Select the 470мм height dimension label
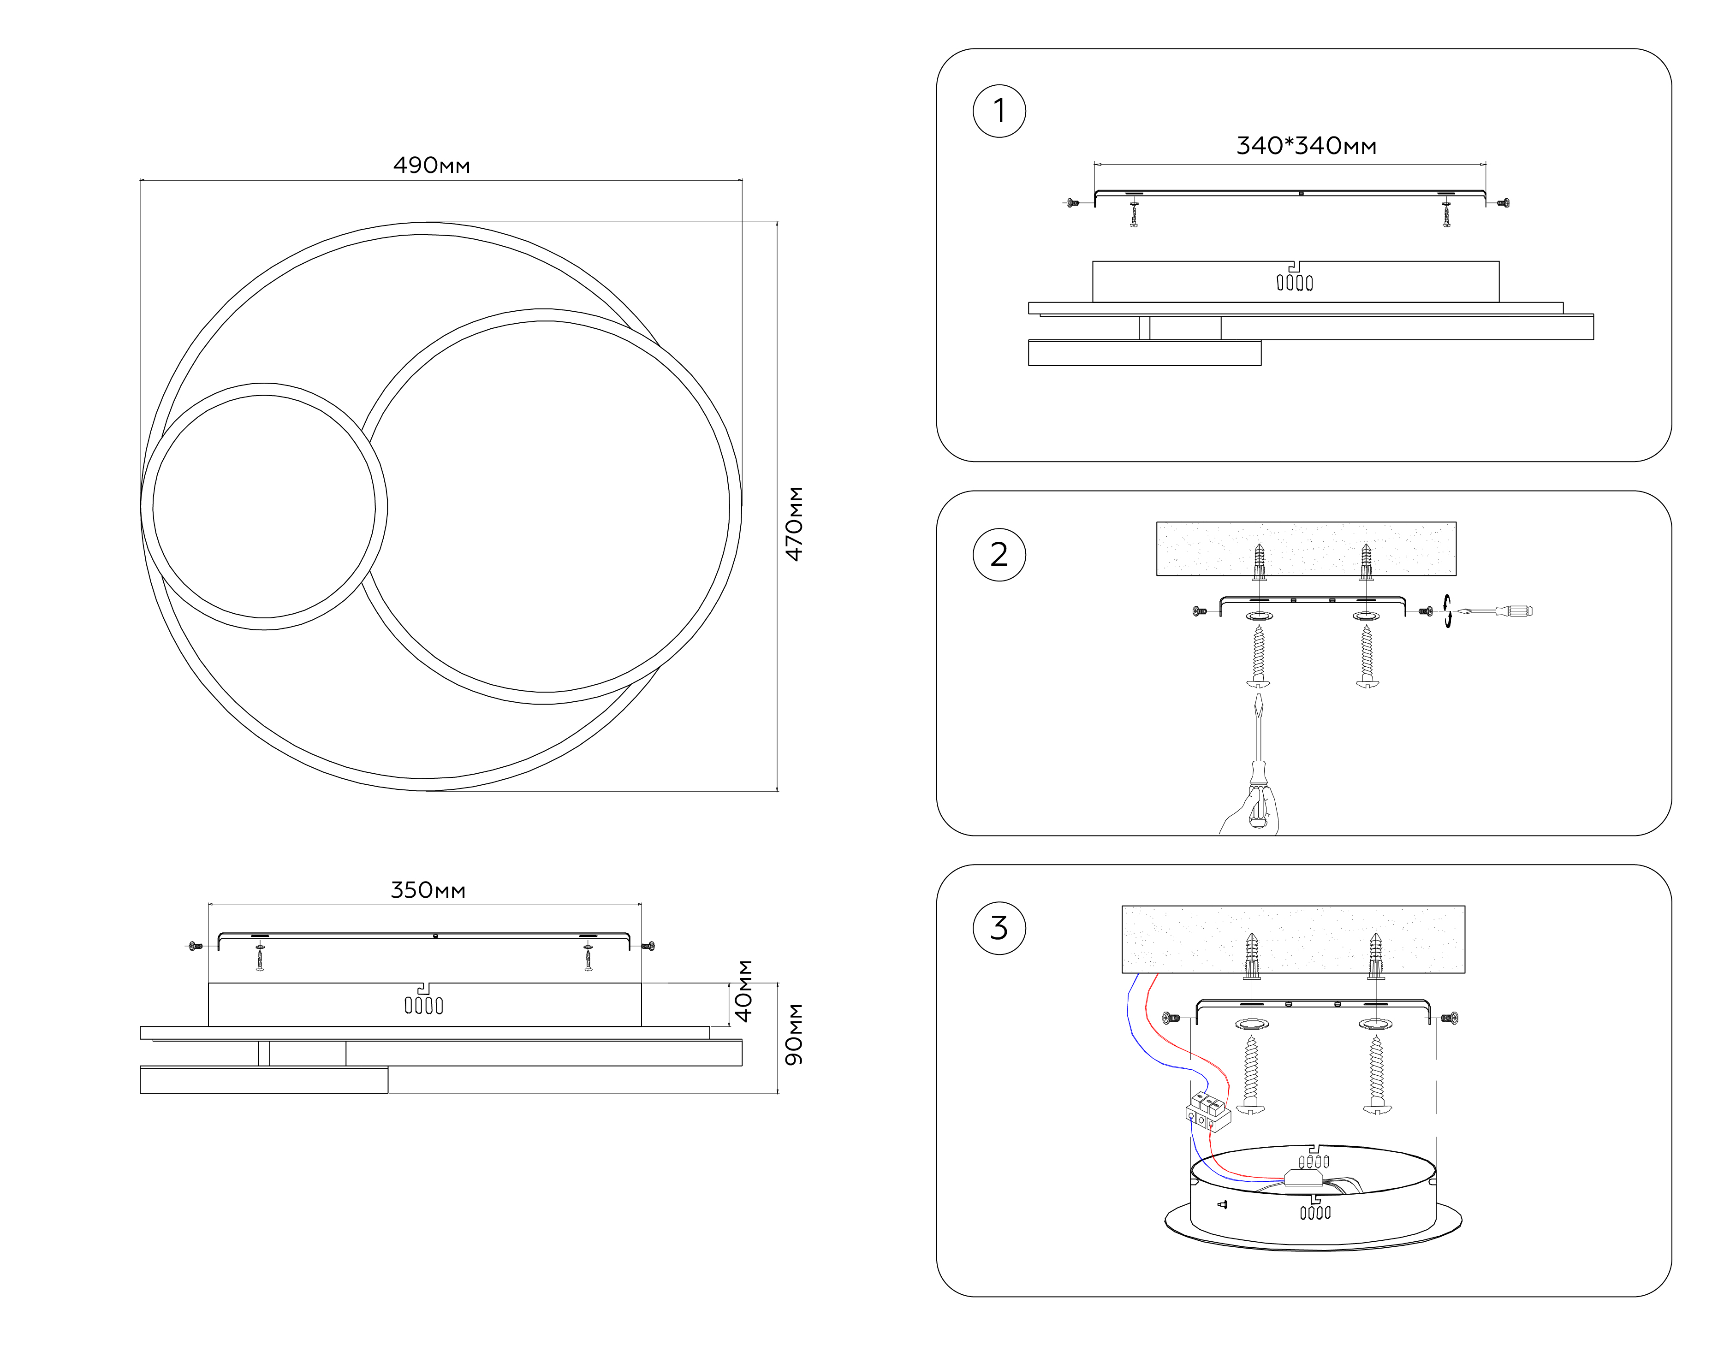794,524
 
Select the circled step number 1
999,111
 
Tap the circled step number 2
999,555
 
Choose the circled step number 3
999,928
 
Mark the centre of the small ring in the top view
264,506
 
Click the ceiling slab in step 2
1305,548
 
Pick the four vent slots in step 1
1294,283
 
